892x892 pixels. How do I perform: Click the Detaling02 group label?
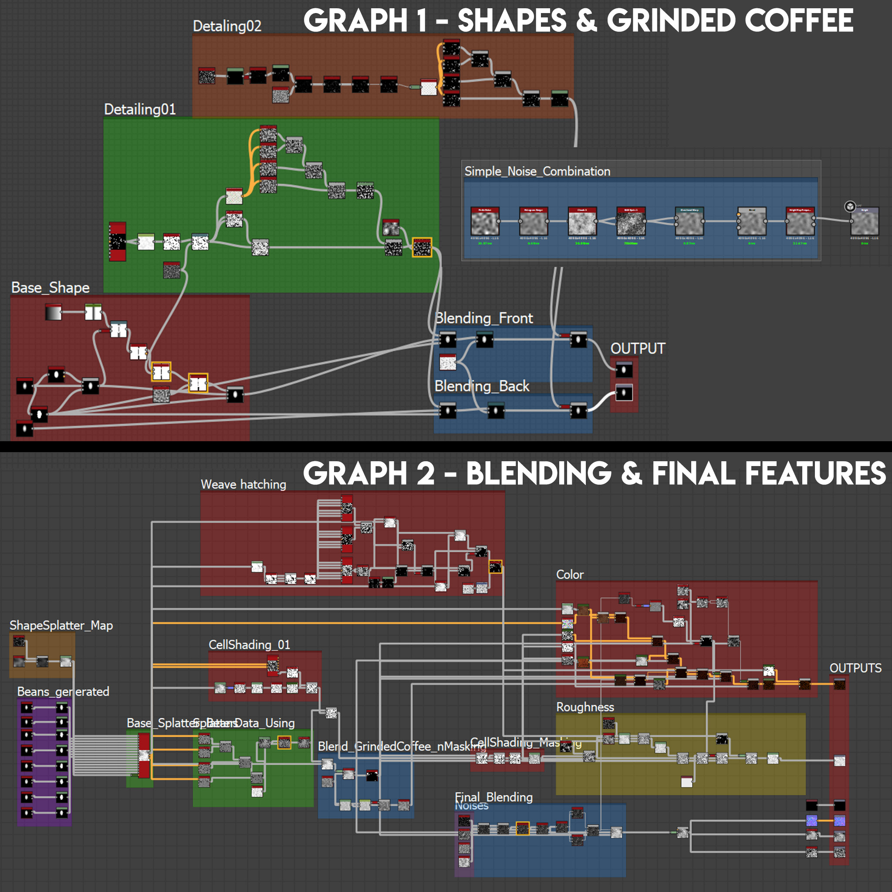pos(226,26)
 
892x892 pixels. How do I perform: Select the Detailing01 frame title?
pos(140,109)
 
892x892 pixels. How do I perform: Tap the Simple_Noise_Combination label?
pos(537,171)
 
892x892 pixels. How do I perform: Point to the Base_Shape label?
pos(51,287)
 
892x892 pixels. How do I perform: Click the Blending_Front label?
pos(484,318)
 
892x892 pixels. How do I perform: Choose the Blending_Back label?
pos(482,386)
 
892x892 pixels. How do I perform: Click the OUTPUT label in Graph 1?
pos(638,348)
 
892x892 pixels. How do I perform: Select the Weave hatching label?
pos(243,484)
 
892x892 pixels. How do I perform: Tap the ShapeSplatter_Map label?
pos(61,625)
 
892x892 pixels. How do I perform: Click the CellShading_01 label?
pos(249,645)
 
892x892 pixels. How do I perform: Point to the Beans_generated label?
pos(63,692)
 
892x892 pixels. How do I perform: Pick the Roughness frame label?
pos(585,707)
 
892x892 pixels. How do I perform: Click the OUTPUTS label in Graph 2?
pos(855,668)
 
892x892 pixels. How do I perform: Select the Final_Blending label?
pos(493,797)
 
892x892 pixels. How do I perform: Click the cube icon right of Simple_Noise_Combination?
pos(850,206)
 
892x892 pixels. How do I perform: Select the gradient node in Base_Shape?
pos(54,313)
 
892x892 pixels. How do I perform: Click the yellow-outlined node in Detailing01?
pos(422,247)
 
